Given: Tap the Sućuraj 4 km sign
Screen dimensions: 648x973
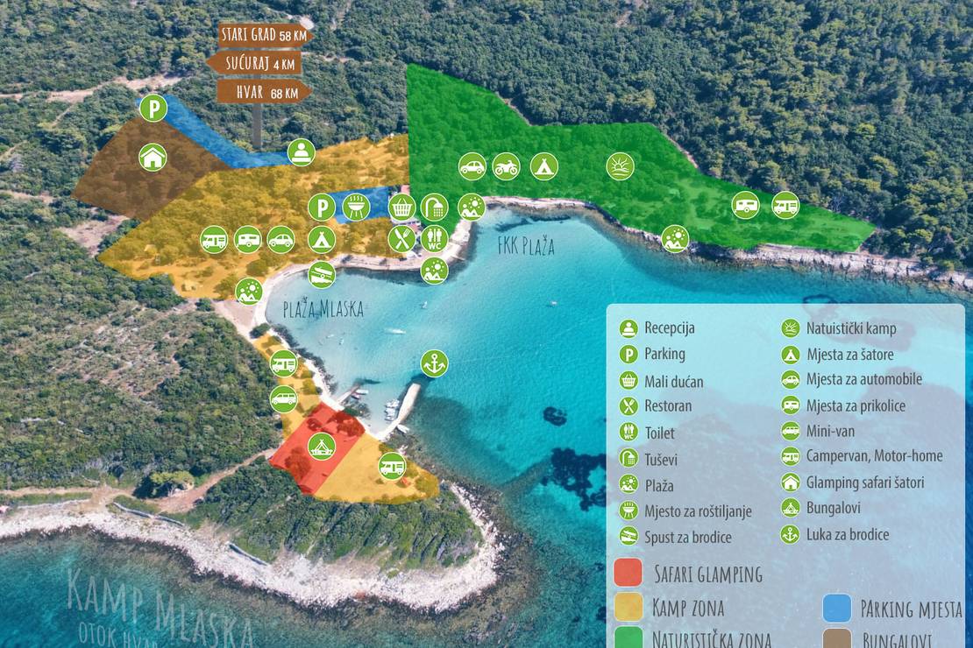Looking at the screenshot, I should (255, 63).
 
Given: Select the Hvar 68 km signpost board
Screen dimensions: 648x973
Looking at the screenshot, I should (264, 92).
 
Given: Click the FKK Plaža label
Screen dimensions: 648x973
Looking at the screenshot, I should (526, 247).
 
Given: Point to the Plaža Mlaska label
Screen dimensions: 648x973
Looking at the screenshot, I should (323, 309).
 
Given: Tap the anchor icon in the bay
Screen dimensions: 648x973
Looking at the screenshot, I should (433, 362).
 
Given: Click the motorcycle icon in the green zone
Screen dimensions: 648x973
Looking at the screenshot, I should (507, 166).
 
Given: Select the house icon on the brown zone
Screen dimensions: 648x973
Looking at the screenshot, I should (153, 157).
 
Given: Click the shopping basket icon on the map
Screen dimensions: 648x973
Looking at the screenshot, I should (401, 207).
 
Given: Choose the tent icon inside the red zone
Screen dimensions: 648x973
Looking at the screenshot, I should (321, 447).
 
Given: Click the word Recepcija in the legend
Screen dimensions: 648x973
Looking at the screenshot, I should (670, 328).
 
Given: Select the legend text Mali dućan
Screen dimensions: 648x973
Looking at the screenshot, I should (673, 381).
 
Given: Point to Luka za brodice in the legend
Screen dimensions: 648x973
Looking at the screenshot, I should (848, 534).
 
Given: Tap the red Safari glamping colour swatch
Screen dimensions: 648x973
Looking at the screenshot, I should (628, 573).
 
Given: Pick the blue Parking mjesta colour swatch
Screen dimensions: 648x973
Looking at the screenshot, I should (837, 608).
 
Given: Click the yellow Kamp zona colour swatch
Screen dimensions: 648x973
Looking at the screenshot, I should (628, 607).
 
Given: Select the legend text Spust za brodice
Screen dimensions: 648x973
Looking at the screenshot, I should (687, 537).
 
